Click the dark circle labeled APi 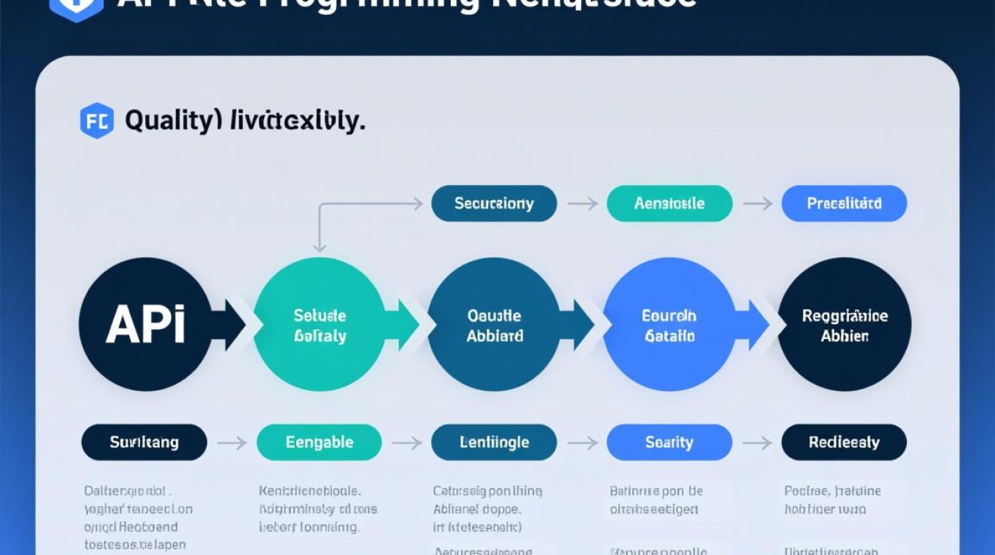(x=145, y=324)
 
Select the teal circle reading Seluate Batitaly (x=319, y=324)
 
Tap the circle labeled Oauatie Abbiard (x=494, y=324)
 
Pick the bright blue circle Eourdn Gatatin (x=669, y=324)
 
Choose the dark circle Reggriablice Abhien (x=844, y=324)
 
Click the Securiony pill (x=494, y=203)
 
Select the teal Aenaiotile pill (x=669, y=203)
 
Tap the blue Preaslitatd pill (x=844, y=203)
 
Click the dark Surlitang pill (x=144, y=443)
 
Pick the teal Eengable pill (x=319, y=443)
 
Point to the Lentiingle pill (x=494, y=443)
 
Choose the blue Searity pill (x=669, y=443)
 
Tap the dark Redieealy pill (x=844, y=443)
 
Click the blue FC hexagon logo (x=97, y=121)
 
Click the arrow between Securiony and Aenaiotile (x=582, y=203)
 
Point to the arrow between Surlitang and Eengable (x=232, y=443)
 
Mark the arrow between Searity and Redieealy (x=757, y=443)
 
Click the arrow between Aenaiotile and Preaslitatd (x=757, y=203)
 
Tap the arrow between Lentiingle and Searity (x=582, y=443)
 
